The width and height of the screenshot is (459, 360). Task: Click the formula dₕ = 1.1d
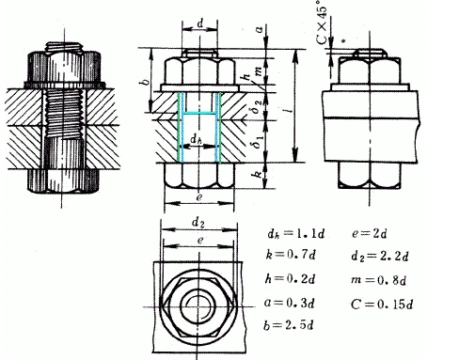point(296,234)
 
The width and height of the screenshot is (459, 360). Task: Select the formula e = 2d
point(369,234)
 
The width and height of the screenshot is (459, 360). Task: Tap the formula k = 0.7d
point(291,255)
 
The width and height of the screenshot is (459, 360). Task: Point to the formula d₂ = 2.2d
point(380,257)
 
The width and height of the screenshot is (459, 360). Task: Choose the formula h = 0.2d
point(290,279)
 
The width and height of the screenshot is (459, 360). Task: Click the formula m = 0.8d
point(378,280)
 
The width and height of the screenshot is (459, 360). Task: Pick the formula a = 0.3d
point(289,303)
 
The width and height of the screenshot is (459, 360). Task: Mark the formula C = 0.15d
point(382,305)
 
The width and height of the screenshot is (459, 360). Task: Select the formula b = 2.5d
point(289,325)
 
